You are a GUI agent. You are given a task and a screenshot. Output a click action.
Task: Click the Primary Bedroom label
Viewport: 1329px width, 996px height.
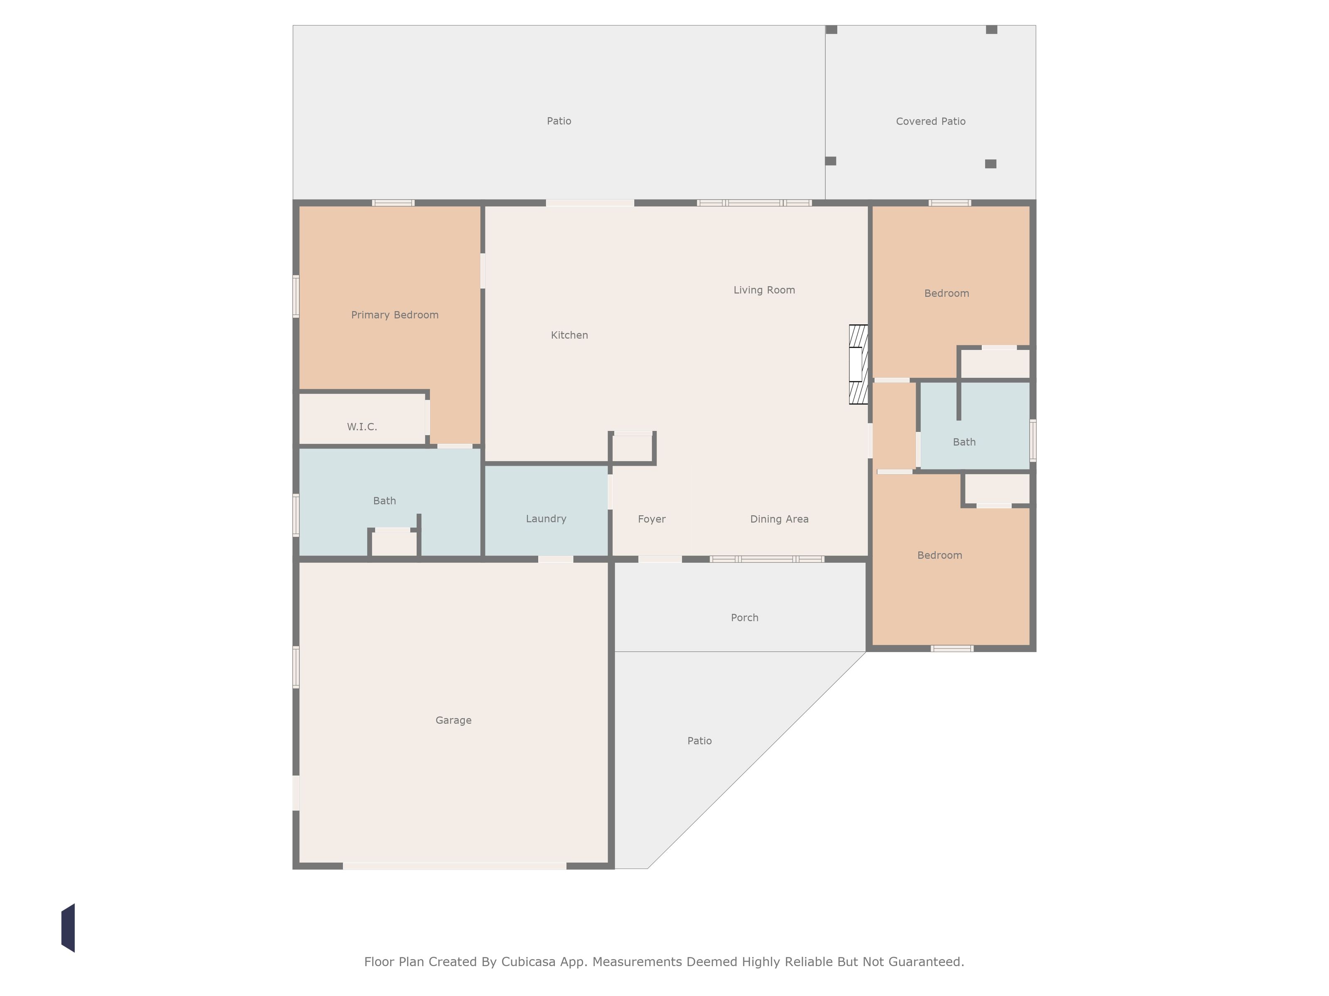tap(395, 315)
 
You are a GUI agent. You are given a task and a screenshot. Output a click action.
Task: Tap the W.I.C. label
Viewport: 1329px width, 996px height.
tap(362, 427)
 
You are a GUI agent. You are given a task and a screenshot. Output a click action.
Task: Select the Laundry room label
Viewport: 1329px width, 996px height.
tap(546, 519)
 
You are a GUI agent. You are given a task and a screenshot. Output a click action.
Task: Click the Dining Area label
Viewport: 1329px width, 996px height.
tap(779, 519)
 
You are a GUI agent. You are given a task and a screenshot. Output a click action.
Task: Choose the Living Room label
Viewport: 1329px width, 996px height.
tap(764, 290)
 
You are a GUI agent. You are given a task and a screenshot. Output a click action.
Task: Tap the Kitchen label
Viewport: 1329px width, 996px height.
tap(569, 335)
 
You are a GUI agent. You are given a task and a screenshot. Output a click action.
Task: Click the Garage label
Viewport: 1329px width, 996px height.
tap(454, 720)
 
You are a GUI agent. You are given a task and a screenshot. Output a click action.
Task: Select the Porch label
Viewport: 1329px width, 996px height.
tap(744, 618)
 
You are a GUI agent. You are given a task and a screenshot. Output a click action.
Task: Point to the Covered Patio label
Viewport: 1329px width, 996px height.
tap(931, 121)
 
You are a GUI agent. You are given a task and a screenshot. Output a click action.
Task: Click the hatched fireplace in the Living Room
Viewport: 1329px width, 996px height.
tap(858, 364)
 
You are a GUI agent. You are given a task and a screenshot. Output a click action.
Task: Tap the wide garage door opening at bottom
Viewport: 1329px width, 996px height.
tap(455, 866)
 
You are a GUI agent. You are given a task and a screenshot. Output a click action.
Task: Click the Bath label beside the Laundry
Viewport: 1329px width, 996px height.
tap(385, 501)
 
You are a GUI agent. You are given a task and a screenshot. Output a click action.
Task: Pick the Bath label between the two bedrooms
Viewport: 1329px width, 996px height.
tap(964, 442)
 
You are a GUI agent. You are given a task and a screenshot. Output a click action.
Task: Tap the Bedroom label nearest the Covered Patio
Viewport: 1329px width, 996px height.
tap(946, 293)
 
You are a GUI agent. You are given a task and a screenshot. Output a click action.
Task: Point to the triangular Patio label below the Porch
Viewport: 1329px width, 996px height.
tap(699, 741)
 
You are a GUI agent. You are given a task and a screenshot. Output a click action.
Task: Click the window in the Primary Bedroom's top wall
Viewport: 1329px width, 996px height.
tap(393, 203)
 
